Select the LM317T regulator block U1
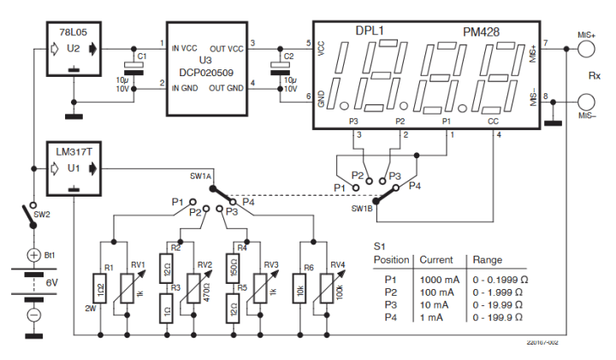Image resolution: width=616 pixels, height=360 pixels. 75,168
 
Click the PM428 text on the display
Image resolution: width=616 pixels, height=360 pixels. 482,32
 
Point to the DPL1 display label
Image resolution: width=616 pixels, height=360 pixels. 370,32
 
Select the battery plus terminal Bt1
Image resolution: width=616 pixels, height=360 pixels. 34,255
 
